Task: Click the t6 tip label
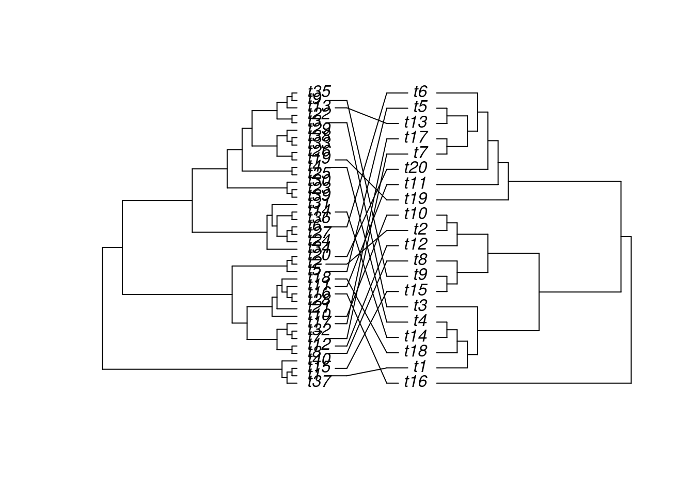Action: (x=420, y=92)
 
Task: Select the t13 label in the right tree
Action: (x=416, y=123)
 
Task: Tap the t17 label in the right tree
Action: (x=416, y=138)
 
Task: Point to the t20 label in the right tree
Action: (x=416, y=168)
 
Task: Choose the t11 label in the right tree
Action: (x=416, y=184)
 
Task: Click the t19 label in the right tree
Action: (x=416, y=199)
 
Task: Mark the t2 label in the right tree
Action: (x=420, y=229)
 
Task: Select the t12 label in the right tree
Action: (x=416, y=244)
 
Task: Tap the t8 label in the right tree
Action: (x=420, y=260)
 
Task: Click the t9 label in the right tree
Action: (x=420, y=275)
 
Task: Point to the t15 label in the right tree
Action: (x=416, y=290)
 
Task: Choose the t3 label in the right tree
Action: (x=420, y=305)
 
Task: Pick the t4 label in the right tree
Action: (x=420, y=321)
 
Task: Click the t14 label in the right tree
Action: (x=416, y=336)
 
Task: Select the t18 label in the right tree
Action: (x=416, y=351)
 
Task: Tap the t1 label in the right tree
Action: (x=420, y=366)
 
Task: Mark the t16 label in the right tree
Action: (x=416, y=383)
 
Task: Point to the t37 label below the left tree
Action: (x=319, y=383)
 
